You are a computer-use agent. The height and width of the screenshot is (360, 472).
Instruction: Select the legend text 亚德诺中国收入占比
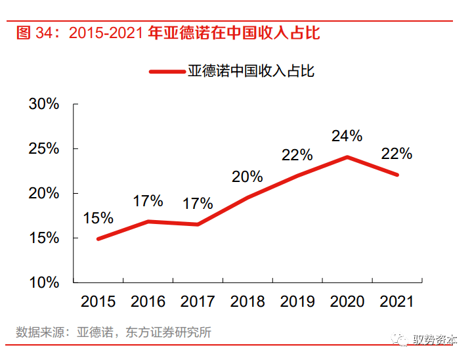251,71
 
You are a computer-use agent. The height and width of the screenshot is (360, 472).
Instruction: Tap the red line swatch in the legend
167,72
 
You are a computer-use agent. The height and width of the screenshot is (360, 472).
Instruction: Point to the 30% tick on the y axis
44,104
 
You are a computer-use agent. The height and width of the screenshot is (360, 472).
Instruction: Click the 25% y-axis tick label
44,148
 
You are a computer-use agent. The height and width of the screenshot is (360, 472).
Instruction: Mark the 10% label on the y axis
44,282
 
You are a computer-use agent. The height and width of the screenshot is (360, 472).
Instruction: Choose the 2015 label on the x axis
98,302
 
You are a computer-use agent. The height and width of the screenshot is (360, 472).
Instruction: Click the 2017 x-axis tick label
198,302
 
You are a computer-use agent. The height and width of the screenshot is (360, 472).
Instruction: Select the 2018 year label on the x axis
247,302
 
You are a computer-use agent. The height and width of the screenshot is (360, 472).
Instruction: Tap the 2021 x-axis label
397,302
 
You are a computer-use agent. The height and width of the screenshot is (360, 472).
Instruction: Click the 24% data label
347,136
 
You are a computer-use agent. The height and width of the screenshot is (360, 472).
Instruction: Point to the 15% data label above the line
98,217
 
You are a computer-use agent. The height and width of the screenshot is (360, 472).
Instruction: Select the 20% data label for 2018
247,176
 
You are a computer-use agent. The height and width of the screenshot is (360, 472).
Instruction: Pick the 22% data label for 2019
297,155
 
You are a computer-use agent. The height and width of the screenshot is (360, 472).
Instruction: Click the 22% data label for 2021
397,154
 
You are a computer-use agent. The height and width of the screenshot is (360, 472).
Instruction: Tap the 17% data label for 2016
148,201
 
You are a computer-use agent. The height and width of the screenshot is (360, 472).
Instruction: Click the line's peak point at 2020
347,157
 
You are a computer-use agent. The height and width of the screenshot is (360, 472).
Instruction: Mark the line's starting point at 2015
98,238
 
